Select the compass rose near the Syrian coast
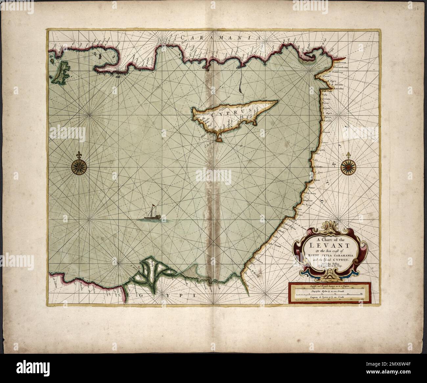(347, 167)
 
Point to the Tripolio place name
(321, 149)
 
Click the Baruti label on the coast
(317, 181)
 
